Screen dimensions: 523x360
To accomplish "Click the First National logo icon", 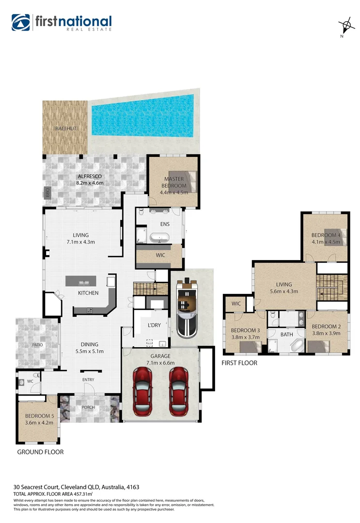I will [21, 22].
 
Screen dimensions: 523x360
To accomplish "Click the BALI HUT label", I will [64, 129].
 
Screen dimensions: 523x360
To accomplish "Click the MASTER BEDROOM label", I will [173, 183].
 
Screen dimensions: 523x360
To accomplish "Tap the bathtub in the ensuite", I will [159, 238].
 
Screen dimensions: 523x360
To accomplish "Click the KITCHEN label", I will [88, 293].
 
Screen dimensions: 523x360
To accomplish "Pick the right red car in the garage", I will [179, 386].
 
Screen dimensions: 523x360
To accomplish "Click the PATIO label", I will [38, 345].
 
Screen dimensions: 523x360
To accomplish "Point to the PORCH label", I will [88, 407].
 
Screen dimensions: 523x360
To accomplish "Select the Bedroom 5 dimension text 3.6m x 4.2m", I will [39, 422].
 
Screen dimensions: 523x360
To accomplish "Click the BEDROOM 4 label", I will [326, 235].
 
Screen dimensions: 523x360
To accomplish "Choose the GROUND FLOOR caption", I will [40, 452].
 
